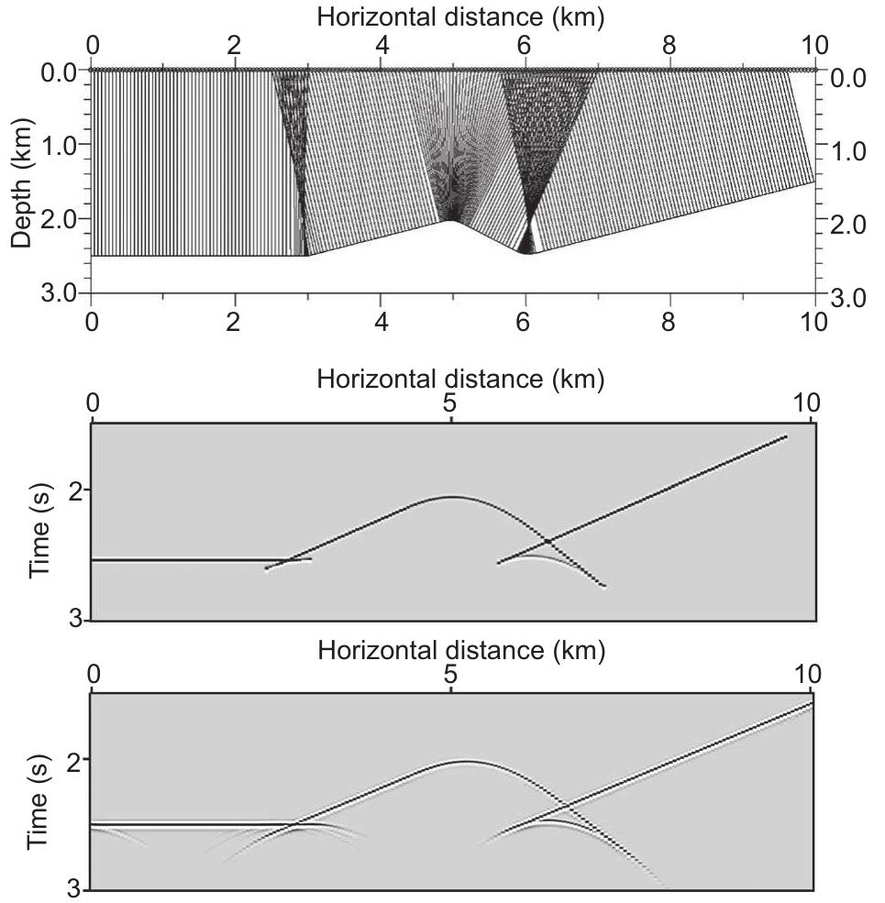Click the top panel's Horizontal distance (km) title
point(453,16)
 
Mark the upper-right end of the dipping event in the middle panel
point(786,437)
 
